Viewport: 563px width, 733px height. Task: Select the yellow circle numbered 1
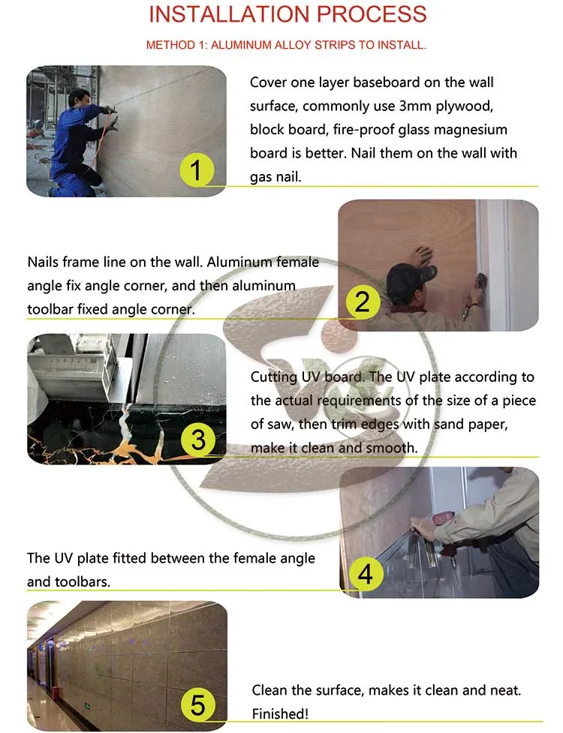click(x=195, y=171)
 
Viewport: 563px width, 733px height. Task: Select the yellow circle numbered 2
click(x=363, y=302)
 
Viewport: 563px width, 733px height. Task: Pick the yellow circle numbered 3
click(x=198, y=439)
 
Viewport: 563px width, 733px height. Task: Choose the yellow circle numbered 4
click(x=366, y=574)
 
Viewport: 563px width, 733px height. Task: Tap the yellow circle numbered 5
click(x=197, y=705)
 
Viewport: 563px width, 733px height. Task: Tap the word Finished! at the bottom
click(x=279, y=713)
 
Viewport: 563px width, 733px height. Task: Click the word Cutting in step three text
click(x=274, y=377)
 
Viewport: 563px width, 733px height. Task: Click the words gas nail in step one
click(x=281, y=178)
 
